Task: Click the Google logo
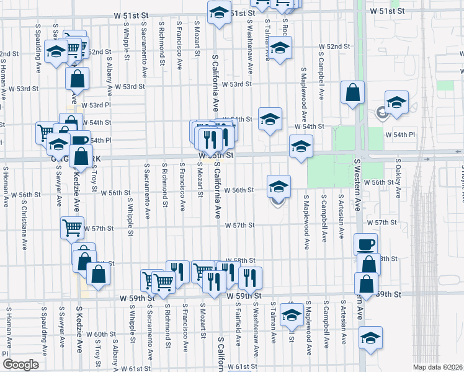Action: (20, 365)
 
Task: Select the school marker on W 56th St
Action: (279, 185)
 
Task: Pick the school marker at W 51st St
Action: (218, 12)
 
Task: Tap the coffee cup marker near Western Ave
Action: (366, 244)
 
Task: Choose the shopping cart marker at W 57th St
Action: (72, 228)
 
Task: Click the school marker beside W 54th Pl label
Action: (396, 102)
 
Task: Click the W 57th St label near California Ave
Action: (240, 226)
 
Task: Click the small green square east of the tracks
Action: (445, 86)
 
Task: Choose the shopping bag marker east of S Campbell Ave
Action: (352, 93)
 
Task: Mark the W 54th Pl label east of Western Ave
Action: (399, 134)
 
